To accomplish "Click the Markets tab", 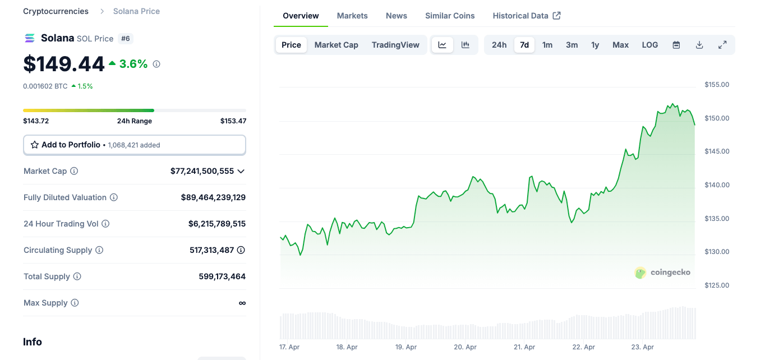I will point(352,16).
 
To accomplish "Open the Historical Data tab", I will point(526,16).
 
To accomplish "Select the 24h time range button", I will point(499,45).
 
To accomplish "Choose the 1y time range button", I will point(595,45).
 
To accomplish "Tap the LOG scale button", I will point(650,45).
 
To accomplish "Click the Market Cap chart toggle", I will point(336,45).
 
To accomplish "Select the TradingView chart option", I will point(395,45).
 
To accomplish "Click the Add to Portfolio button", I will point(134,145).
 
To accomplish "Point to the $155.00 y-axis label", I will point(717,85).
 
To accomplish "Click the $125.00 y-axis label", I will point(717,285).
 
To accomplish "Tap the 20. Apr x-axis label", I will point(466,347).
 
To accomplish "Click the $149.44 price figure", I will point(64,64).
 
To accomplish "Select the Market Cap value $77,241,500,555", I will point(202,171).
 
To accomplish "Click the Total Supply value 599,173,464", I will point(222,276).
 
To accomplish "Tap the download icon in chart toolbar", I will point(699,45).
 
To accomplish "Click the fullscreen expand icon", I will point(722,45).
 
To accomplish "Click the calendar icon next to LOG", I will point(676,45).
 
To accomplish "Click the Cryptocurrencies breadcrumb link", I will point(56,11).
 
